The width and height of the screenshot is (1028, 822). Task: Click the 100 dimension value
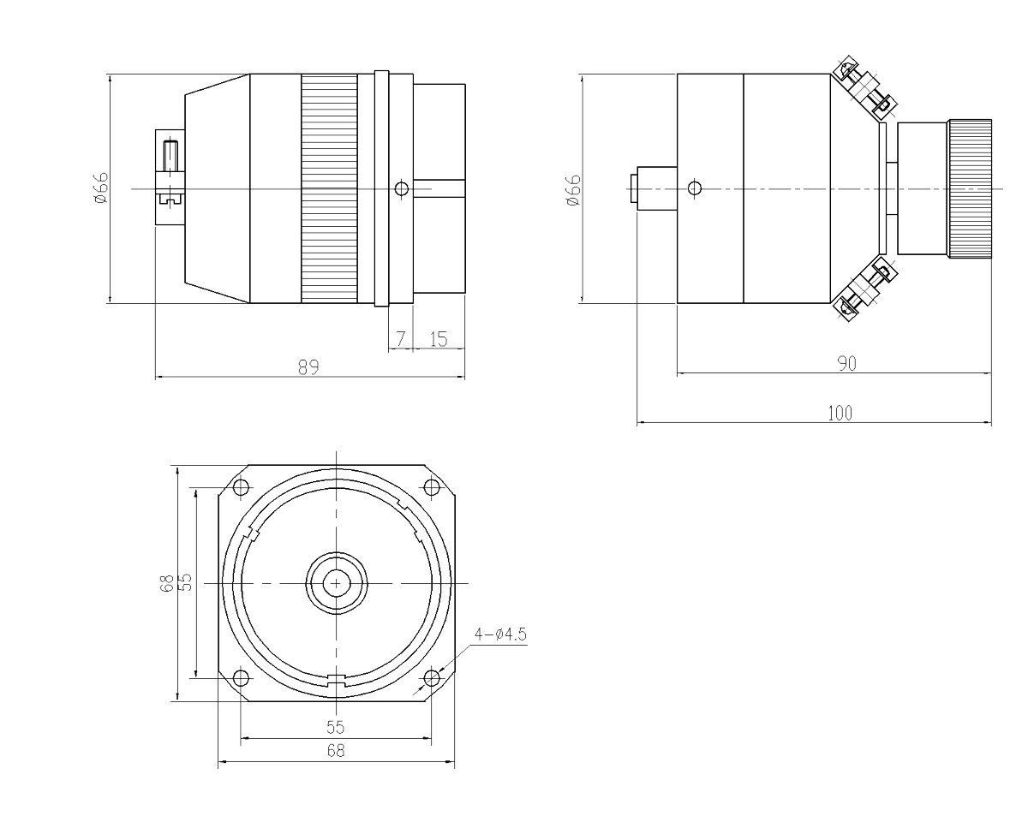point(840,412)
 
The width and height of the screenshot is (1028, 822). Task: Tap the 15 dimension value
point(437,337)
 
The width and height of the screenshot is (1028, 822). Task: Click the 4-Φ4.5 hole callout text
point(503,634)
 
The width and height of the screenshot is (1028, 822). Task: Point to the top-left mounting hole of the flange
point(239,489)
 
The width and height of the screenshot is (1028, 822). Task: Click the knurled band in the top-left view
point(330,187)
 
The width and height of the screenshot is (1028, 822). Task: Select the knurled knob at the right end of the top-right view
point(970,187)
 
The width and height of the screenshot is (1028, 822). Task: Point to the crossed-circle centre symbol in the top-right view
point(695,186)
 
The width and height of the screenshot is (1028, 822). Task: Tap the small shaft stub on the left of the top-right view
point(656,186)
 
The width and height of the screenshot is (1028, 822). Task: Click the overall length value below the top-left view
point(308,368)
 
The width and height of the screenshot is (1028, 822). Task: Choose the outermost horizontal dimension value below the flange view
point(336,752)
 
